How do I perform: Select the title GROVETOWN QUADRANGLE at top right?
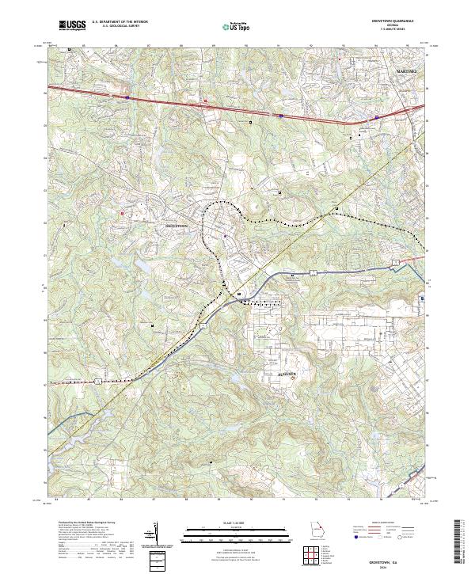[405, 21]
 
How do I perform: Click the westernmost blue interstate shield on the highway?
[127, 98]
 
